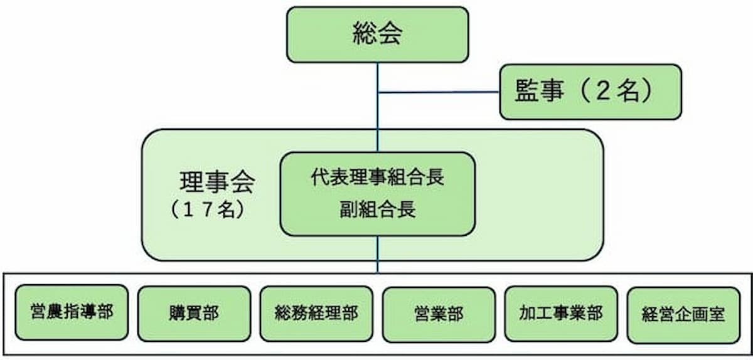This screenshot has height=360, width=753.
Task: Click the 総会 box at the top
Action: point(377,34)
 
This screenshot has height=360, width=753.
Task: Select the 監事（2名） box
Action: point(590,92)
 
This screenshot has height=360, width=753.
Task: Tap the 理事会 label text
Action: point(217,183)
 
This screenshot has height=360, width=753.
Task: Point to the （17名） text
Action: point(206,209)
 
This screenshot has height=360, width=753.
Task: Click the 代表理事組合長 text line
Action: point(377,177)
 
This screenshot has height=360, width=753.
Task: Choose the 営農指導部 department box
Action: point(72,312)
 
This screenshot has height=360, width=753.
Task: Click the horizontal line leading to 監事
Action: point(439,93)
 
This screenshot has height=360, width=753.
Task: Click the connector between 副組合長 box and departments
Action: point(378,255)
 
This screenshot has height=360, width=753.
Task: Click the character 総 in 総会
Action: point(364,34)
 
